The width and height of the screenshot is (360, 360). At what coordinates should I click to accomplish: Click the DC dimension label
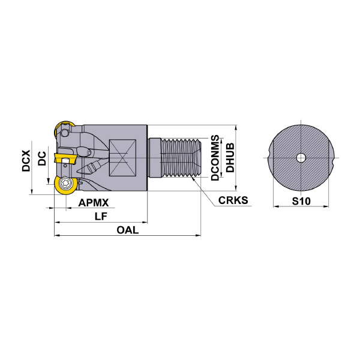(x=41, y=158)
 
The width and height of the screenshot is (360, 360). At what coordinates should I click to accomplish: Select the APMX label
(x=93, y=203)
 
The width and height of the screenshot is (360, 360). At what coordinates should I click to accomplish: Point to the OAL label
(x=127, y=230)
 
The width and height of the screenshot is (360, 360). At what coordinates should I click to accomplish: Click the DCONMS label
(x=215, y=157)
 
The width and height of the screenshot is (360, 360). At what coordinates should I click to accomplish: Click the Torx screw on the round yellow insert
(x=65, y=183)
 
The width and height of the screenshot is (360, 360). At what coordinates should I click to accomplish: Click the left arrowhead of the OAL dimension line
(x=57, y=235)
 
